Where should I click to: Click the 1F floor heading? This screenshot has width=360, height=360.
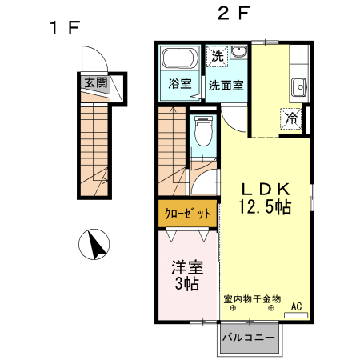pos(65,27)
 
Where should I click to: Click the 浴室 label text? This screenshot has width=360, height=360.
pos(180,82)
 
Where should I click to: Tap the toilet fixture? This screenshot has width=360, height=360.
pos(202,130)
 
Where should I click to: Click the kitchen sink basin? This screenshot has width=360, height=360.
pos(299,85)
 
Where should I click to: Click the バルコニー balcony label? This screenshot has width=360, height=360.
pos(248,337)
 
